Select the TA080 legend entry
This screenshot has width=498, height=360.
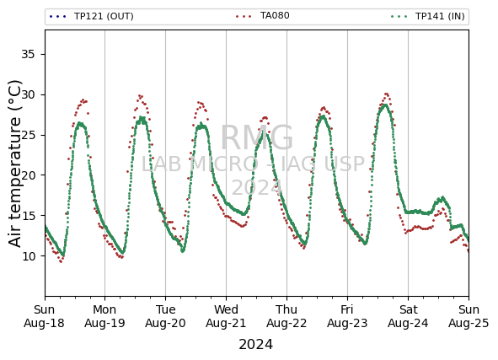pos(263,15)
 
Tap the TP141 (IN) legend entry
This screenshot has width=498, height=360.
pos(428,16)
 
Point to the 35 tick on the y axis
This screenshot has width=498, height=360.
pos(28,54)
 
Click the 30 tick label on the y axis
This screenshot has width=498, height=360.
pos(28,94)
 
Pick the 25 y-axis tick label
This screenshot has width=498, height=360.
pos(28,135)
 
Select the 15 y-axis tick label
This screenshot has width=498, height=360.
pos(28,216)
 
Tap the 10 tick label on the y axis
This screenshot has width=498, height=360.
pos(28,255)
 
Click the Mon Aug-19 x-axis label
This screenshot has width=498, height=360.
pos(104,316)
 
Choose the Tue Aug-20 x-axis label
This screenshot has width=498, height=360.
pos(165,316)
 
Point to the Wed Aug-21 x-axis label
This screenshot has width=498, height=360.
pos(226,316)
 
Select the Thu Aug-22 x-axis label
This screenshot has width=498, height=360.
pos(286,316)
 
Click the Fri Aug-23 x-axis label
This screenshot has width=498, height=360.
pos(347,316)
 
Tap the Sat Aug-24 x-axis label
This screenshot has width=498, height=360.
pos(408,316)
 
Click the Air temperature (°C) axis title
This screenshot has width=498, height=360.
pos(14,164)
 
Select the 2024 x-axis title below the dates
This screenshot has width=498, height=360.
pos(255,345)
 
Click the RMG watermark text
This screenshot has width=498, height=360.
pos(257,137)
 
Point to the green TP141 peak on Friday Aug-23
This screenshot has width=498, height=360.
pos(385,105)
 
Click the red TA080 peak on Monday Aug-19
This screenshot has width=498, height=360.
pos(140,95)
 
